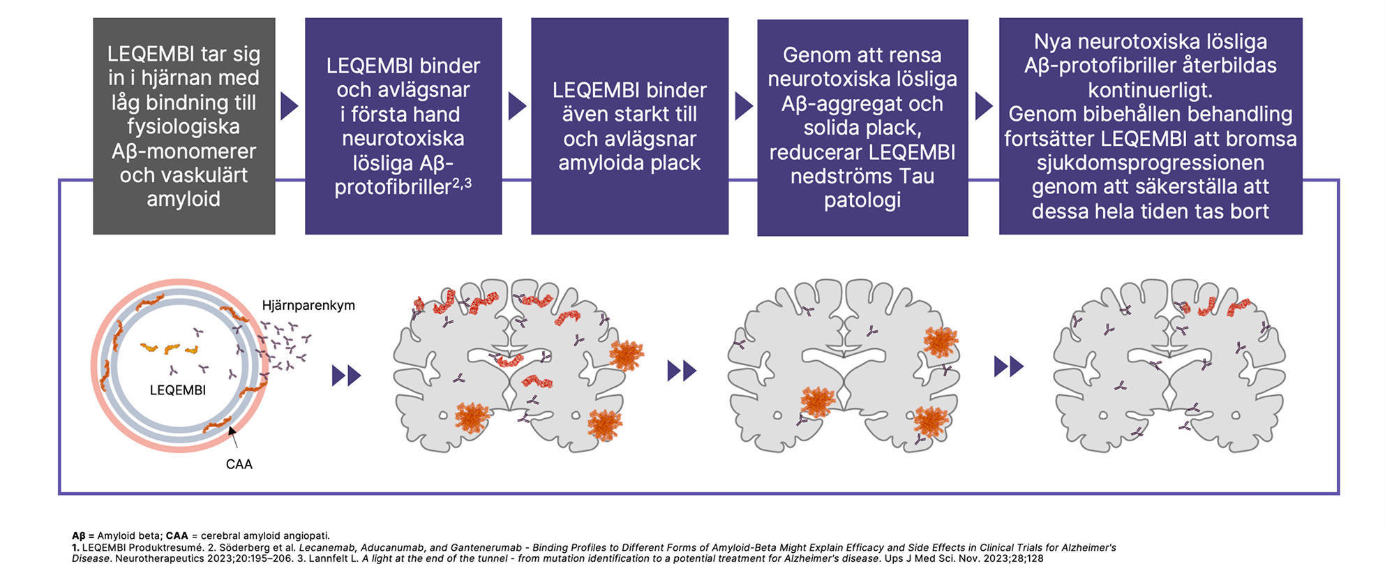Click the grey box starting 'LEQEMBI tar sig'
point(184,126)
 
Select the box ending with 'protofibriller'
point(403,126)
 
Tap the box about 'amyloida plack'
point(629,126)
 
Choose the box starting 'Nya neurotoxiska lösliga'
point(1150,126)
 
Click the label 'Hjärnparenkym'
point(308,305)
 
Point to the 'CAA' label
point(239,464)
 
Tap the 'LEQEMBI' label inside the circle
point(178,390)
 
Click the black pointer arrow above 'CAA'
point(233,436)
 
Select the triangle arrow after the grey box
point(289,106)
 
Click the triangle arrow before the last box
point(983,106)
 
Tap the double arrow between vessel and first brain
point(346,376)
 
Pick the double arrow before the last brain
point(1008,366)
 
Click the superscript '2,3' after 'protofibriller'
point(462,183)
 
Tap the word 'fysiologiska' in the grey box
point(184,126)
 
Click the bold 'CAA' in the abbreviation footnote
point(177,536)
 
